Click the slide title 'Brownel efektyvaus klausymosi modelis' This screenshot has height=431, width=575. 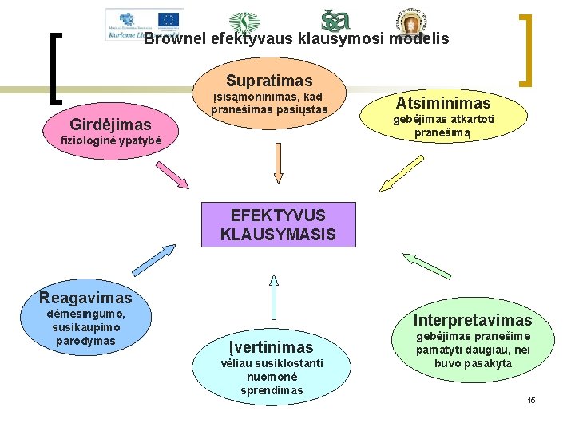pyautogui.click(x=296, y=38)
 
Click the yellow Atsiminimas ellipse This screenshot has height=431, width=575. pyautogui.click(x=443, y=103)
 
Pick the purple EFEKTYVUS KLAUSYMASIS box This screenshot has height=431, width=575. pyautogui.click(x=278, y=224)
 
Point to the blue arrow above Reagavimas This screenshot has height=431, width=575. pyautogui.click(x=153, y=260)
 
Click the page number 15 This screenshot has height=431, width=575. pyautogui.click(x=531, y=399)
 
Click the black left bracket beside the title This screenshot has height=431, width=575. pyautogui.click(x=54, y=68)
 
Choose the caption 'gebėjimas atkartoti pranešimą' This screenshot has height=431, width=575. pyautogui.click(x=442, y=127)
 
